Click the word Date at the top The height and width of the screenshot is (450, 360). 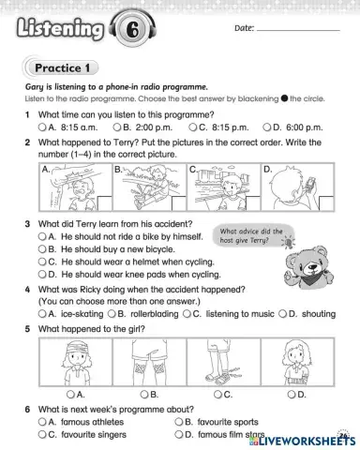242,30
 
